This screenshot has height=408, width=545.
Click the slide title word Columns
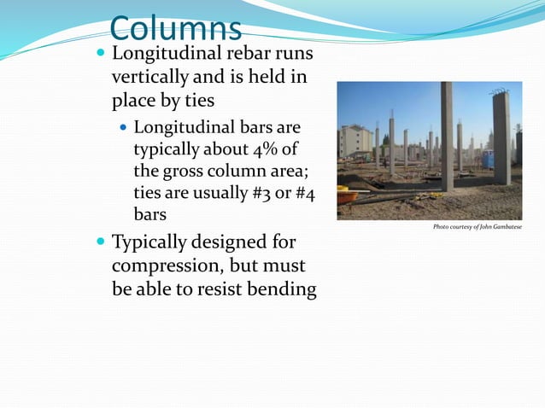(176, 29)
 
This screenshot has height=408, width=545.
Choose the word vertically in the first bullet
(151, 79)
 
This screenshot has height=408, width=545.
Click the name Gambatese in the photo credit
(503, 227)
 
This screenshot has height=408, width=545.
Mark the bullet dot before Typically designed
(100, 242)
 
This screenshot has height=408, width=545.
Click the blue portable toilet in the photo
(487, 159)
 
